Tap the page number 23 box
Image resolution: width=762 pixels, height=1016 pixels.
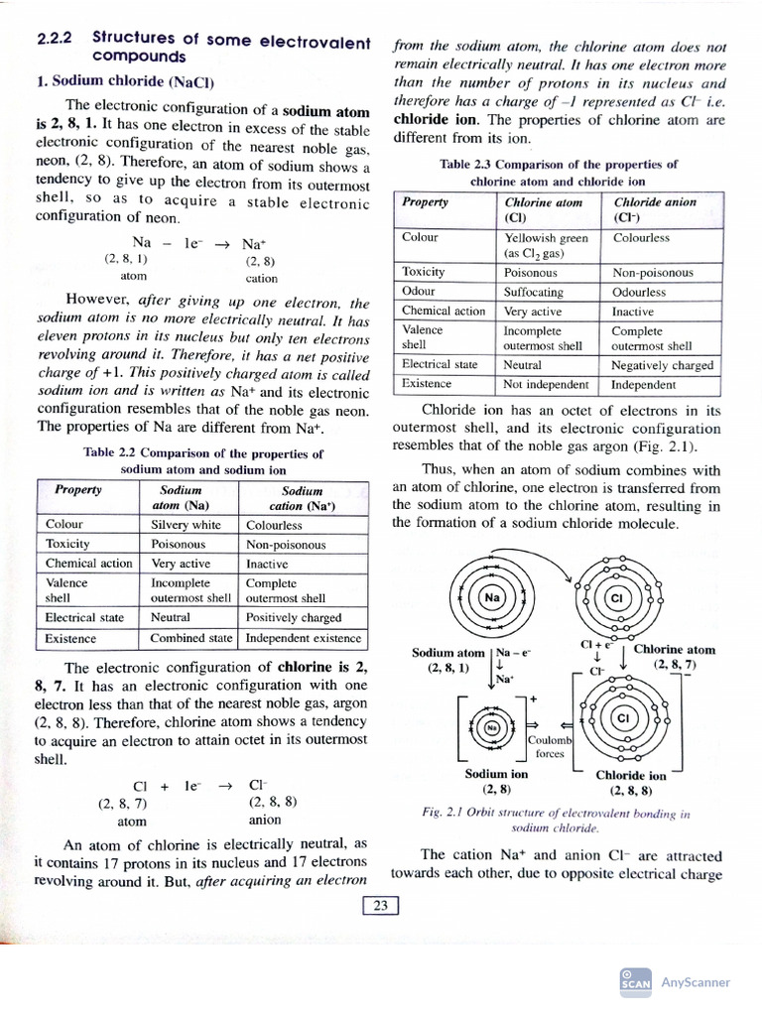coord(381,905)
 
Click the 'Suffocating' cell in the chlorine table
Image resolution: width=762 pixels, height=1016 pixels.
coord(534,292)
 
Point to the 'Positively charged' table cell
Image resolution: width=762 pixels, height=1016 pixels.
coord(294,617)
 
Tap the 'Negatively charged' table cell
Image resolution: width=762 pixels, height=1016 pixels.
coord(662,364)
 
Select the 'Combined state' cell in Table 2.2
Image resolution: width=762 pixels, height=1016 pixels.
coord(191,638)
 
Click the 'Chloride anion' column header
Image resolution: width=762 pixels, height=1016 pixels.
coord(654,209)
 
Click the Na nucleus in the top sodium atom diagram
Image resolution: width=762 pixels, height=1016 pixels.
coord(491,598)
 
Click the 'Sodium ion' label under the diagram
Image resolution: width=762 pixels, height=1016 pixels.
coord(496,774)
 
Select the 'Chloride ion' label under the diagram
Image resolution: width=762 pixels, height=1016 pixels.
coord(630,776)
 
